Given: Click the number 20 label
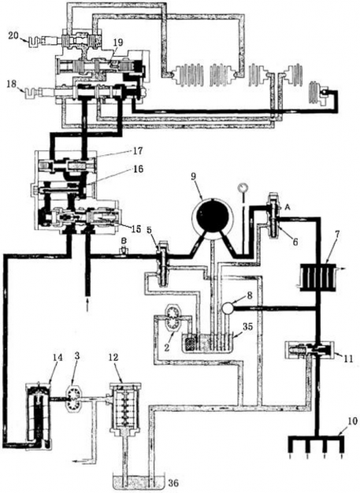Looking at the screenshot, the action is pyautogui.click(x=13, y=36).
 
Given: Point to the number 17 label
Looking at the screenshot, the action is pyautogui.click(x=137, y=151).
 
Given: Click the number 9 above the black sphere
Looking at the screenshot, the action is pyautogui.click(x=193, y=176).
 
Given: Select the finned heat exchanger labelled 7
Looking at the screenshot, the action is pyautogui.click(x=318, y=277).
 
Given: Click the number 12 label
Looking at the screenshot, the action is pyautogui.click(x=115, y=358).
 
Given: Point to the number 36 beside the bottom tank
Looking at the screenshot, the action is pyautogui.click(x=173, y=482).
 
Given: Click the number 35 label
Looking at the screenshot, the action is pyautogui.click(x=248, y=326).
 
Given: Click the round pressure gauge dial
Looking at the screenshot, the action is pyautogui.click(x=243, y=187).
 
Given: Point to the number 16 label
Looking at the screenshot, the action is pyautogui.click(x=138, y=169).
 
